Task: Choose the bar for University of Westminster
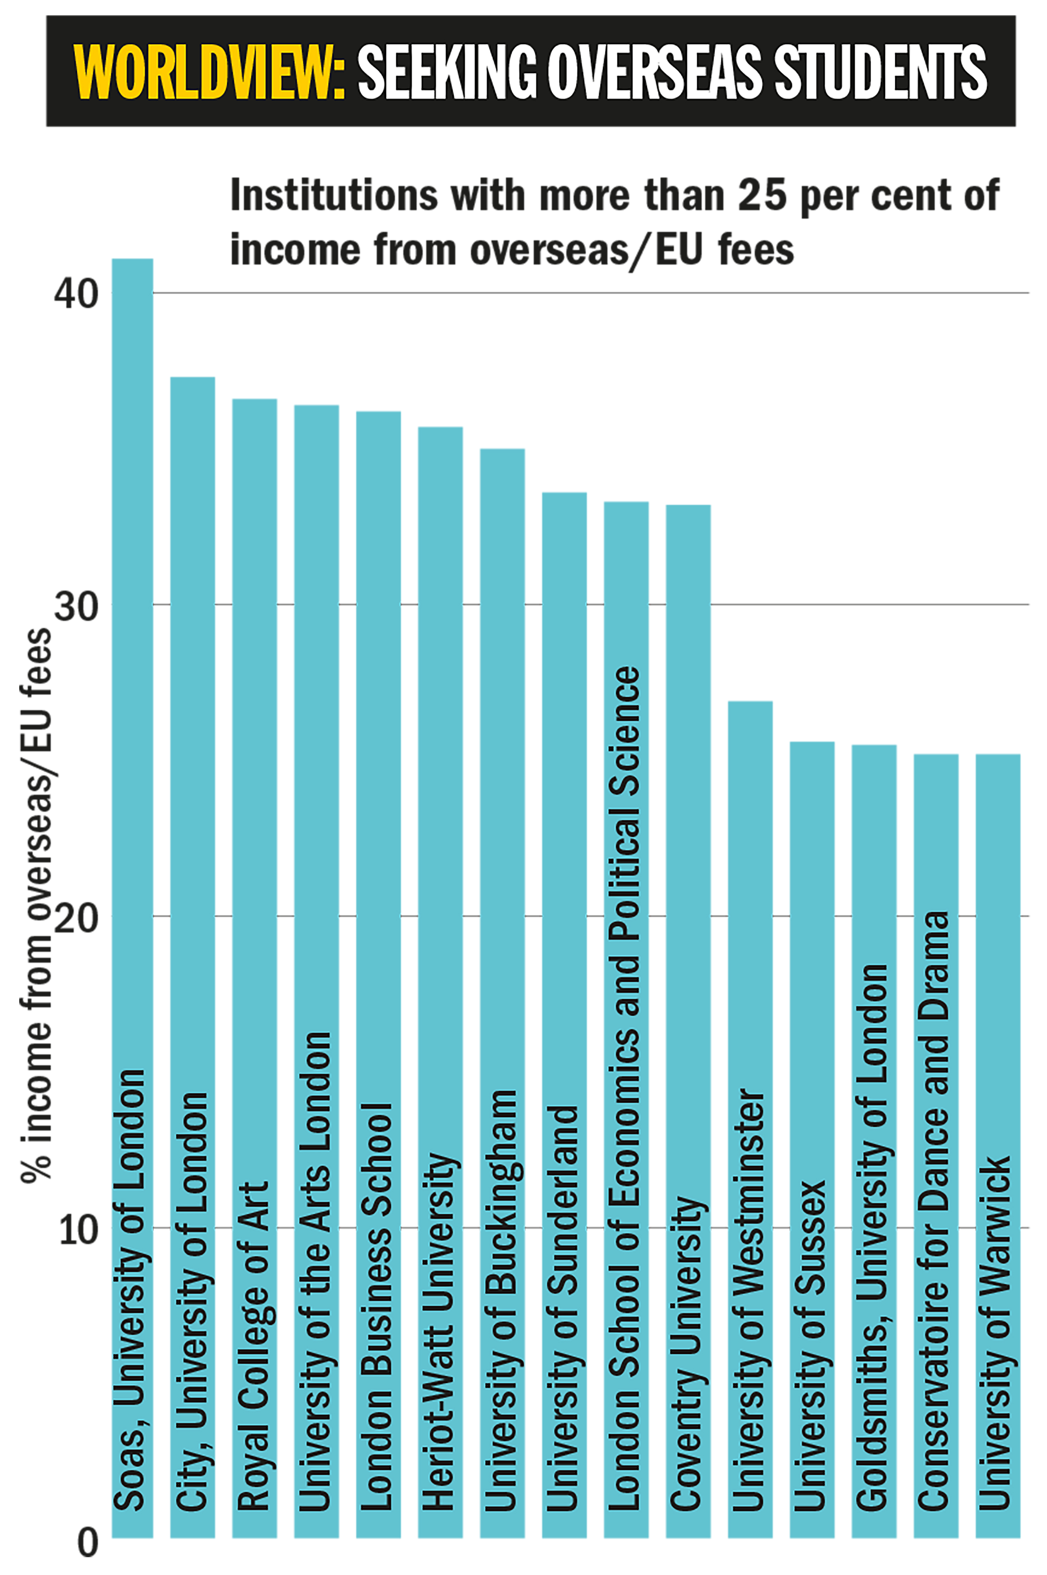(750, 868)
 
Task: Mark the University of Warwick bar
(997, 935)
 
